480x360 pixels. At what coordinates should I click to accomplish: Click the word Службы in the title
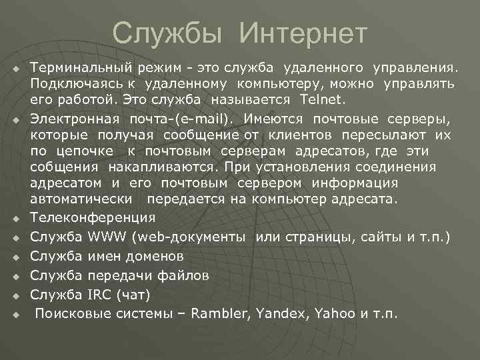pos(170,33)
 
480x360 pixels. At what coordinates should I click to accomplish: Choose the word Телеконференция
pos(93,217)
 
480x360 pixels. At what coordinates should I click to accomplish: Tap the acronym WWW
pos(108,237)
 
